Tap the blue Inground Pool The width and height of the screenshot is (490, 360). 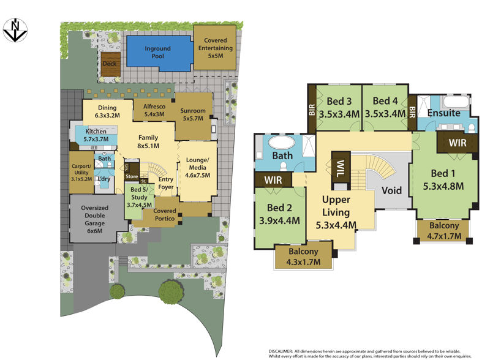(x=158, y=51)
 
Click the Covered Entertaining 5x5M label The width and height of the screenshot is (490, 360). (x=214, y=47)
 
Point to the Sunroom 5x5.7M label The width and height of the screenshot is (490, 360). (x=193, y=114)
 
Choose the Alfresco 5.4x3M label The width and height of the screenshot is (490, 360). (x=154, y=110)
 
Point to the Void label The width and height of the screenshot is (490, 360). (x=391, y=190)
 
